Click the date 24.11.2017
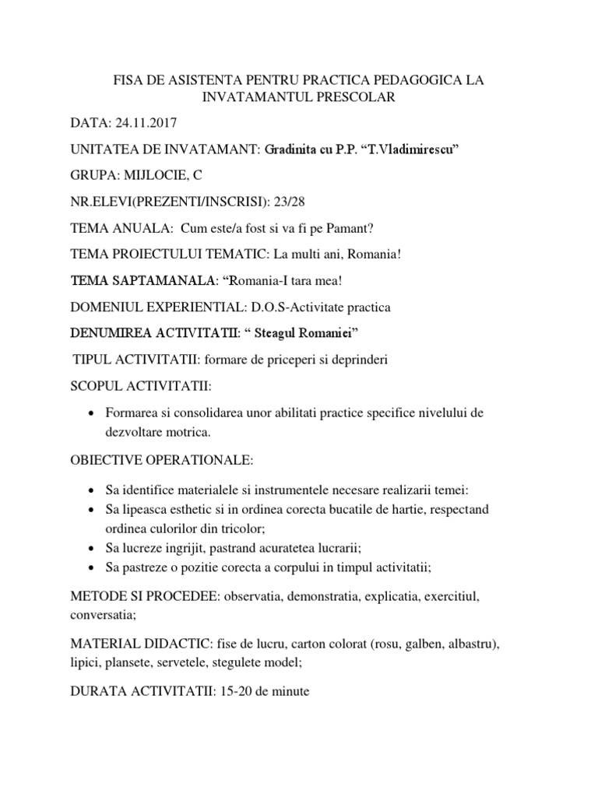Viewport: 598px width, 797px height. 148,123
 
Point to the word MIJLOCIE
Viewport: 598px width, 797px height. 149,176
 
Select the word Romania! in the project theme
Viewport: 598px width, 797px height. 367,255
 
